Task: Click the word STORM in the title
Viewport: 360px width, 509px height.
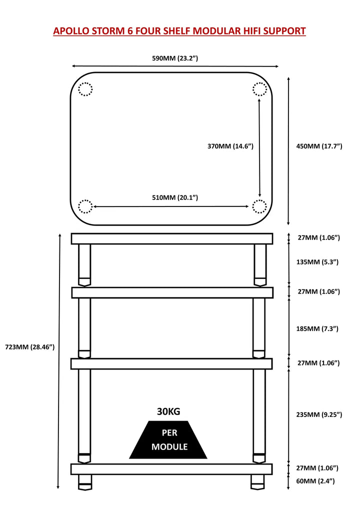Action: (x=109, y=31)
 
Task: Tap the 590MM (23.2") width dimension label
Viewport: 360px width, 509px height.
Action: (x=175, y=58)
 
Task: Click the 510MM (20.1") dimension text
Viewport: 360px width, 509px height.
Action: (x=175, y=197)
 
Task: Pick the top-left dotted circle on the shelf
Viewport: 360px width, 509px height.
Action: (x=85, y=89)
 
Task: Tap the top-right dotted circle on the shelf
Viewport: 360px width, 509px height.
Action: (x=259, y=89)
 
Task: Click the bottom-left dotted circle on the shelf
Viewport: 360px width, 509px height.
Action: (x=85, y=206)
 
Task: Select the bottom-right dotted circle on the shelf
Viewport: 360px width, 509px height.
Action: (x=259, y=206)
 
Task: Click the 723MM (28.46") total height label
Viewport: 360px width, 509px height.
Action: (x=29, y=346)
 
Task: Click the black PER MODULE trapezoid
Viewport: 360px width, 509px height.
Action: (x=168, y=440)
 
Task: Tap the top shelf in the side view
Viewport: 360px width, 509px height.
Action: (x=171, y=238)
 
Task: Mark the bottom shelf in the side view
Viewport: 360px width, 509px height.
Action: (x=171, y=469)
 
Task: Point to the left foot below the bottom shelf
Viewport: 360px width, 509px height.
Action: (x=85, y=481)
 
